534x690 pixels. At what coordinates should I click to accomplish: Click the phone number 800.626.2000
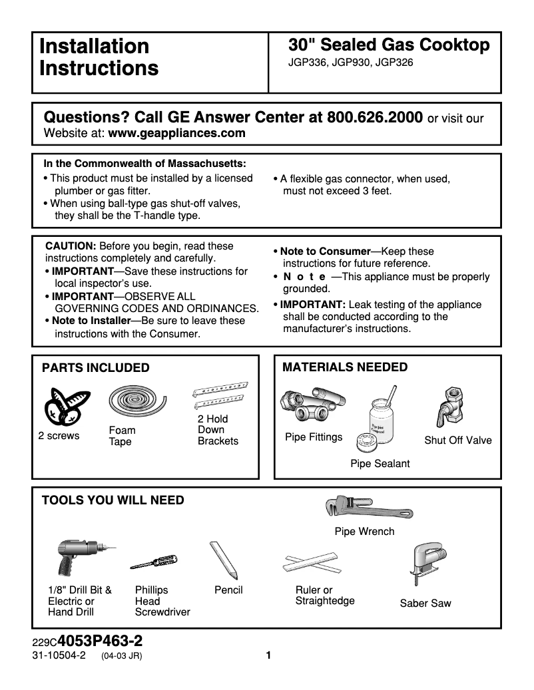[x=375, y=117]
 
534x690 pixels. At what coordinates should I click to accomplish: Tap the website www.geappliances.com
[x=176, y=133]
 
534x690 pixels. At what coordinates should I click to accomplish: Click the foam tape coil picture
[x=131, y=402]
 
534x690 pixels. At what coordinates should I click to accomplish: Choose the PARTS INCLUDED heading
[x=96, y=368]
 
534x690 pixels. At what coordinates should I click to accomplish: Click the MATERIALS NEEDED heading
[x=345, y=367]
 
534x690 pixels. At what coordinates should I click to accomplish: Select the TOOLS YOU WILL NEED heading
[x=113, y=500]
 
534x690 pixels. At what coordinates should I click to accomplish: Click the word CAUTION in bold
[x=71, y=246]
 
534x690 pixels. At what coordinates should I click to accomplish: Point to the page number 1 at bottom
[x=268, y=655]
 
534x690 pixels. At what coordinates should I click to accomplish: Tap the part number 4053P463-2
[x=100, y=642]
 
